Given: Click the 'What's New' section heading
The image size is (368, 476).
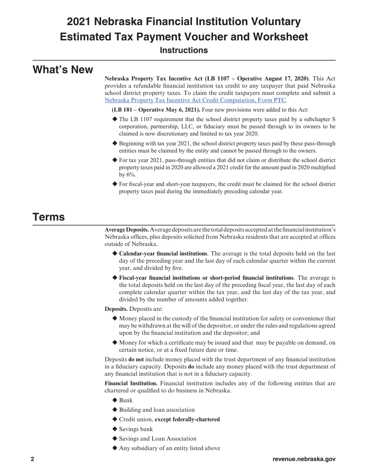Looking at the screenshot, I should (x=62, y=70).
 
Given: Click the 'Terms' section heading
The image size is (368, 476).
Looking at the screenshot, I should (x=48, y=217).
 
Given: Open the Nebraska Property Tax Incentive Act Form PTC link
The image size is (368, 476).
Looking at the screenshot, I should (x=195, y=100).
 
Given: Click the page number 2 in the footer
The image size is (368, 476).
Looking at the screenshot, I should (x=33, y=459).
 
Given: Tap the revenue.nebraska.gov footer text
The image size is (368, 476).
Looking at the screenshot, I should (x=304, y=459).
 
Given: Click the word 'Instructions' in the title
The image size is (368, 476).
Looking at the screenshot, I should (x=184, y=50).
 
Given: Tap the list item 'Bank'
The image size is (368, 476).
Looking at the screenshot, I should (x=126, y=400).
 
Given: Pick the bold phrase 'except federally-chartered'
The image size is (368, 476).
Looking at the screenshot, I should (x=187, y=419).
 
